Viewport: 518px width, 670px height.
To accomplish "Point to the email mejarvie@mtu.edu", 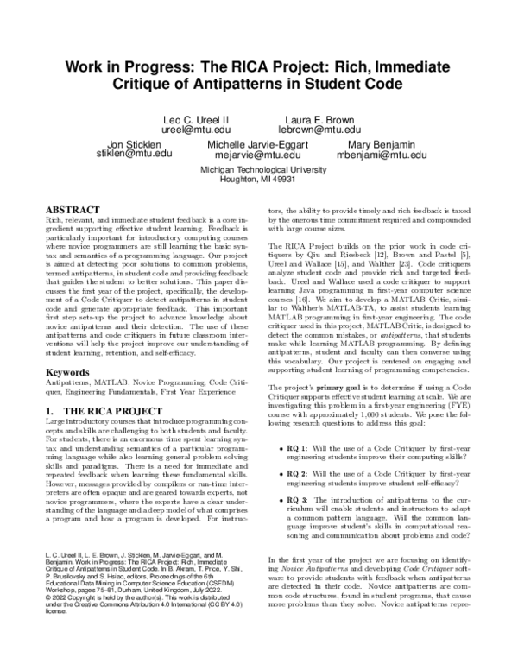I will click(x=259, y=155).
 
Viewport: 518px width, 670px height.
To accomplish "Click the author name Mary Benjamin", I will click(x=382, y=143).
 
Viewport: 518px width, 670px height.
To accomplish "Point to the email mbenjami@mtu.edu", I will click(x=382, y=155).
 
